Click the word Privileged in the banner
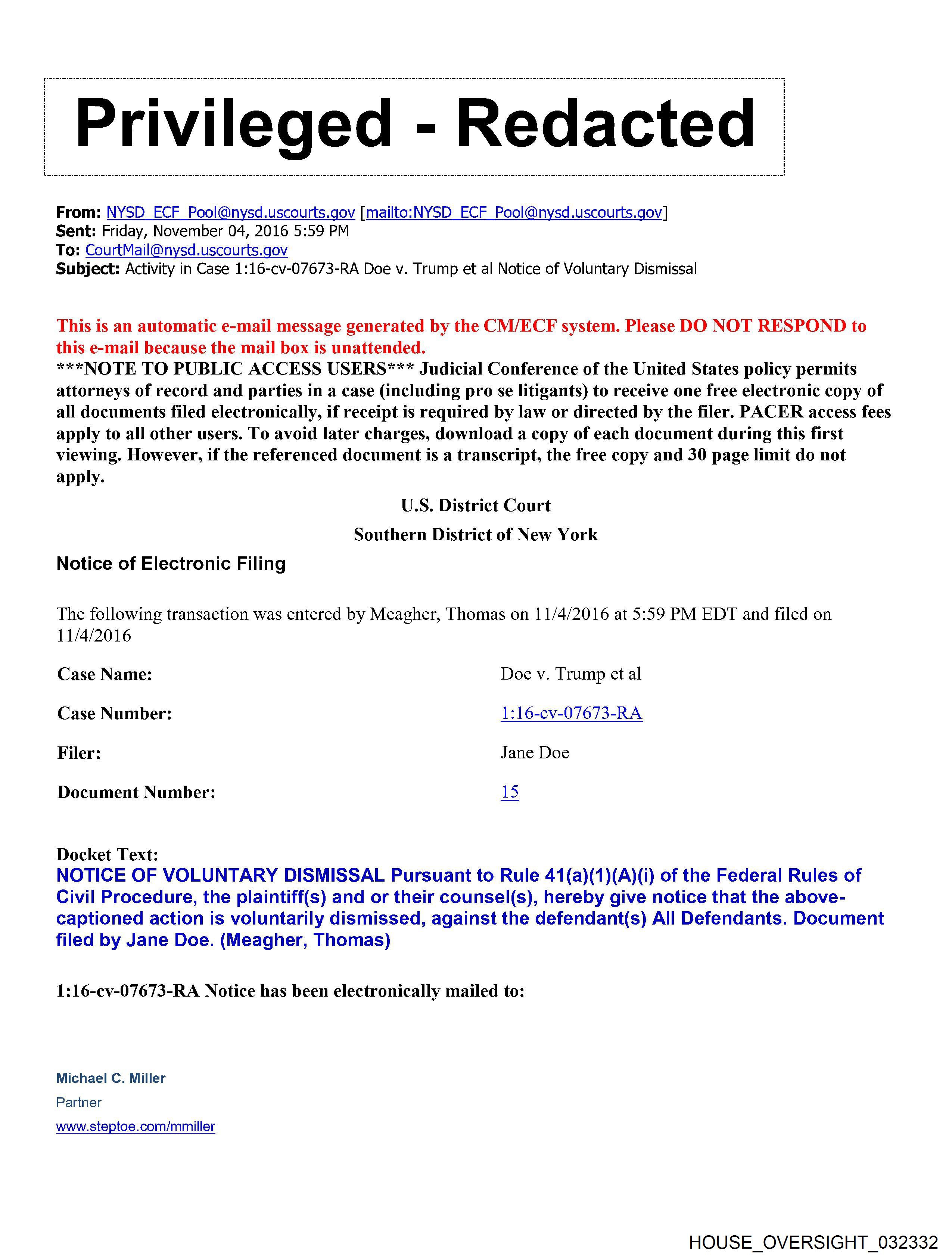[x=233, y=124]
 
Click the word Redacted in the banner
[x=606, y=124]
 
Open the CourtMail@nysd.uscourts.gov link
[x=186, y=250]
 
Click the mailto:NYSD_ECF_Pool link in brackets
[x=514, y=213]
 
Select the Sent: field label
[x=76, y=232]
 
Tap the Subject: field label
[x=88, y=269]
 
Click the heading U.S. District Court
[x=475, y=506]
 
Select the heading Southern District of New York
[x=475, y=535]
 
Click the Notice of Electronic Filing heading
[x=171, y=563]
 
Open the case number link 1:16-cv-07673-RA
[x=571, y=713]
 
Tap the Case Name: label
[x=105, y=674]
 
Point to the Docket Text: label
[x=107, y=854]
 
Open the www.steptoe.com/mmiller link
[x=136, y=1127]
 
